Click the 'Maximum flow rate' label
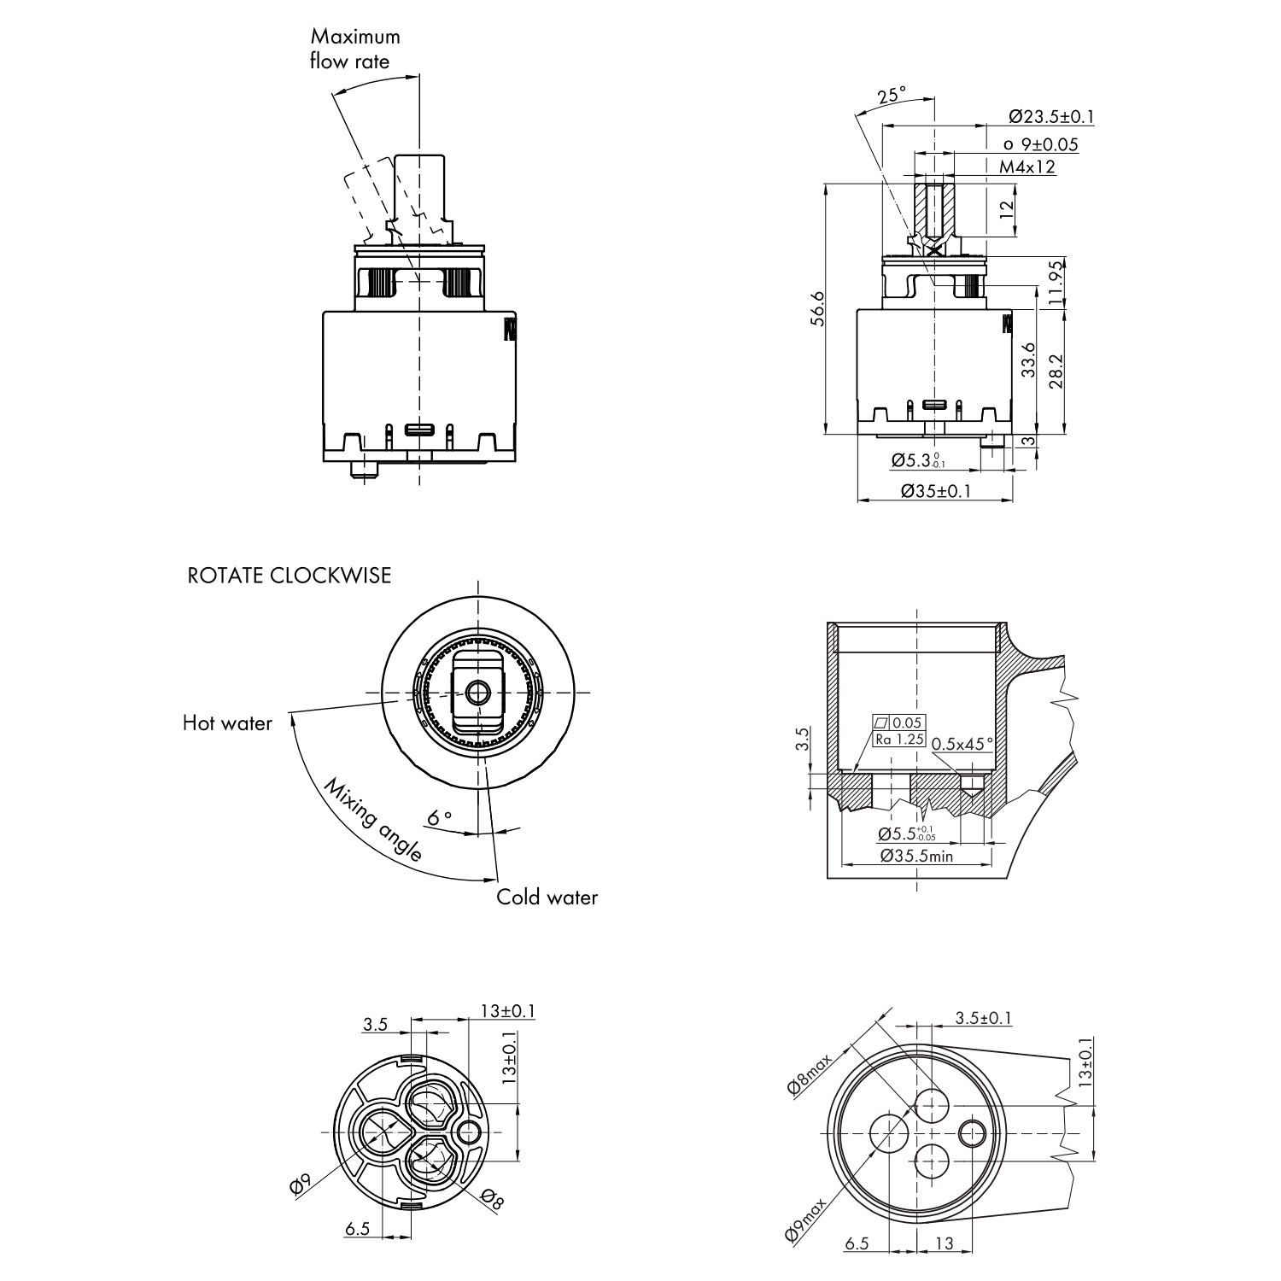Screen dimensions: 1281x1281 point(354,49)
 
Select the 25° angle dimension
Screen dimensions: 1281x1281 point(891,95)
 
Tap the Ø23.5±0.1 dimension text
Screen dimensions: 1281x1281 point(1051,117)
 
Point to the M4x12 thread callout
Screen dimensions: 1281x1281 point(1027,167)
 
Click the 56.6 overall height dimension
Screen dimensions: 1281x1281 point(818,308)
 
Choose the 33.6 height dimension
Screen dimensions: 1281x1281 point(1028,360)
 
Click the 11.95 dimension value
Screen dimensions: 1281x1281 point(1056,283)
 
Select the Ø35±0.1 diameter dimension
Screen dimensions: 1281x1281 point(936,491)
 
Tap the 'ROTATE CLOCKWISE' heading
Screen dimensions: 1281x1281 point(289,576)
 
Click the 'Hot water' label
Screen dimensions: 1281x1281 point(227,723)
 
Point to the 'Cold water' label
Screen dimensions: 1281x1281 point(547,898)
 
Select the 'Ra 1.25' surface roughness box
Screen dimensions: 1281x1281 point(899,740)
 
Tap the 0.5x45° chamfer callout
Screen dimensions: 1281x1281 point(962,744)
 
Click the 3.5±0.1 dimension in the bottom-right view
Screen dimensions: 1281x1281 point(983,1018)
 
